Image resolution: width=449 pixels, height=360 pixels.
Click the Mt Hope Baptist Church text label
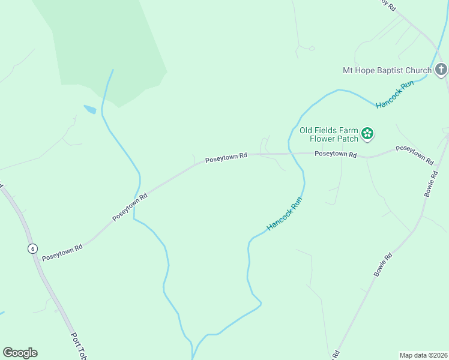[387, 70]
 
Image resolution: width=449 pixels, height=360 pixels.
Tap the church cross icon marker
[441, 70]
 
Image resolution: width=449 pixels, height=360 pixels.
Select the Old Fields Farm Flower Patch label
[329, 134]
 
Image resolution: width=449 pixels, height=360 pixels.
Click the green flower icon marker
[367, 134]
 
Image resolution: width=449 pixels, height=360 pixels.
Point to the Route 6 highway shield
[32, 248]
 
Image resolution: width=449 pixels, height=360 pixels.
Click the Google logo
[20, 353]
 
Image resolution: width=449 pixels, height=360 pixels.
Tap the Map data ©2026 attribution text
[423, 355]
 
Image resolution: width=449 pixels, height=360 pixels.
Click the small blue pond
[90, 109]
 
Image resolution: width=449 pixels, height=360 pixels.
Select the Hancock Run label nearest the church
[395, 95]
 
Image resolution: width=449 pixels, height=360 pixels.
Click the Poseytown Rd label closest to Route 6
[62, 252]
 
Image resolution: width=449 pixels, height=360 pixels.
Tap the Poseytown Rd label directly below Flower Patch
[336, 154]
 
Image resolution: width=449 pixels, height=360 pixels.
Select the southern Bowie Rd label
[383, 265]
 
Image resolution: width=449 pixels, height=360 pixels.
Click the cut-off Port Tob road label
[79, 346]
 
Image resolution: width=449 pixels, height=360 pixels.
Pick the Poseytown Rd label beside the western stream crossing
[130, 207]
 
